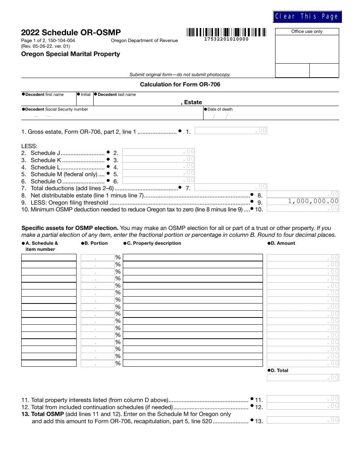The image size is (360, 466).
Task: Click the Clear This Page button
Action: point(307,17)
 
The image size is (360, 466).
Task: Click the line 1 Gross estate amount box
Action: point(231,131)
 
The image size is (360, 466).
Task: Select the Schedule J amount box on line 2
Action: point(159,152)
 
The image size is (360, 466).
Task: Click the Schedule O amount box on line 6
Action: point(159,180)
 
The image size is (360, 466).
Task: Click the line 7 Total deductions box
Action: point(231,187)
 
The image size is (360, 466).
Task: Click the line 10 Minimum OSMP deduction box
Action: point(303,208)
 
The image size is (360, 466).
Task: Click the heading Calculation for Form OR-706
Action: point(180,84)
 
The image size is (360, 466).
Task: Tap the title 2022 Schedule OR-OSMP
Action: point(71,33)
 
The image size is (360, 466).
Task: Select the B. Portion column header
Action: point(95,243)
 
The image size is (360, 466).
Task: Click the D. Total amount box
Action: point(303,377)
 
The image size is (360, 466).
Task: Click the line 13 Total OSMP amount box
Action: point(303,420)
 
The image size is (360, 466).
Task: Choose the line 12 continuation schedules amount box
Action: point(303,406)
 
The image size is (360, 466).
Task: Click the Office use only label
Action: point(307,32)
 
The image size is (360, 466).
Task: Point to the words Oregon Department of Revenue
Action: point(144,41)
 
